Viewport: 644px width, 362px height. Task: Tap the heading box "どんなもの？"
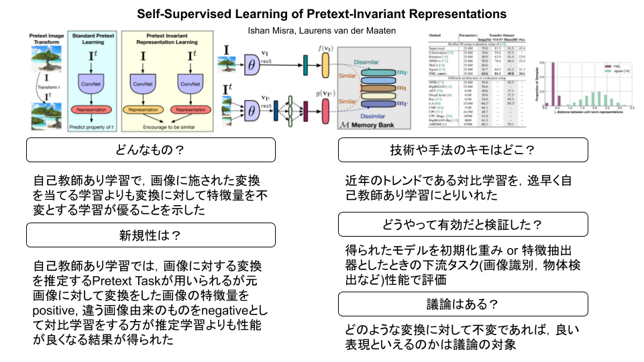pyautogui.click(x=150, y=150)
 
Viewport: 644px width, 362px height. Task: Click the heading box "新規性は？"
pyautogui.click(x=150, y=235)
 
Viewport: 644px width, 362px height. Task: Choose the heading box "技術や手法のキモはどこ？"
pyautogui.click(x=462, y=150)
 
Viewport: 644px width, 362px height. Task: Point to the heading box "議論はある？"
pyautogui.click(x=462, y=304)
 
